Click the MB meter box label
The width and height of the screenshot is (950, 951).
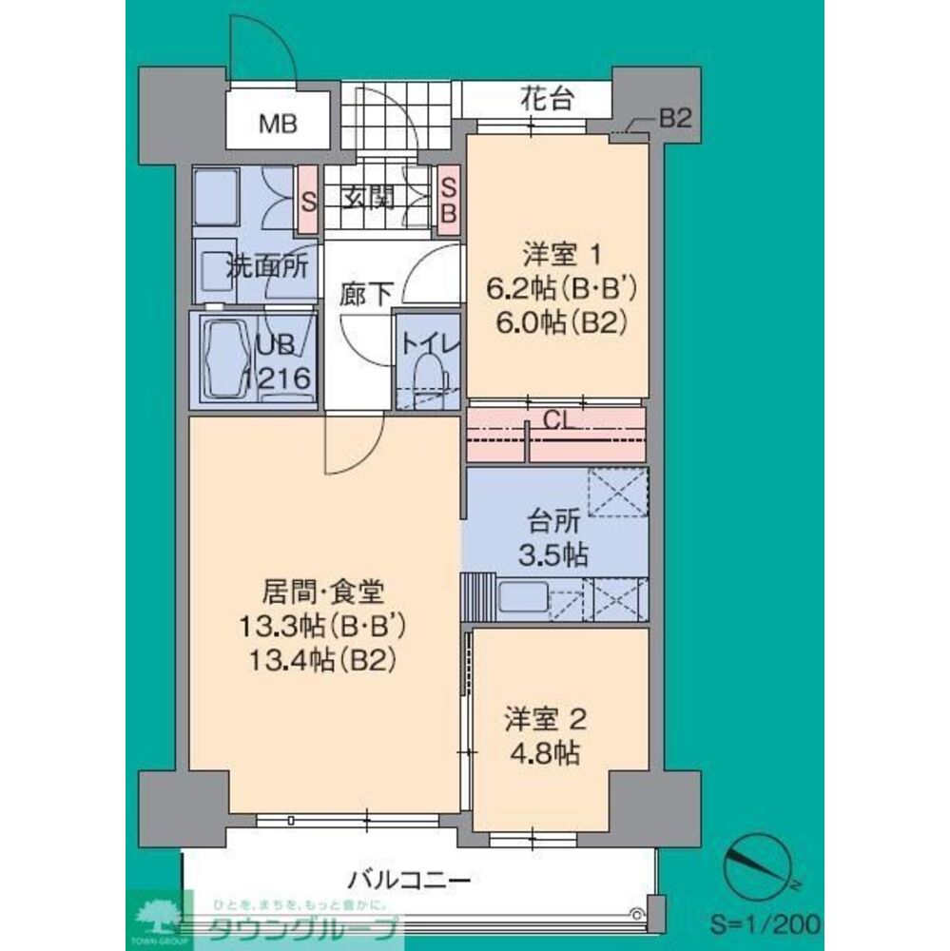pyautogui.click(x=280, y=123)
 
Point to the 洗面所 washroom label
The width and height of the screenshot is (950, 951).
pyautogui.click(x=266, y=267)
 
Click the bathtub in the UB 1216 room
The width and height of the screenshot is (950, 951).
pyautogui.click(x=223, y=359)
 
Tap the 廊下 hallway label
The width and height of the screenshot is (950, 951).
pyautogui.click(x=365, y=295)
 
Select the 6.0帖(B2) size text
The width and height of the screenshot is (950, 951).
pyautogui.click(x=561, y=323)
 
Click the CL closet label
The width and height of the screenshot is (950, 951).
pyautogui.click(x=557, y=419)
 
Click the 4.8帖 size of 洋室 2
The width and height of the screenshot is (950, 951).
pyautogui.click(x=543, y=753)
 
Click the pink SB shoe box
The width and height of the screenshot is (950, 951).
pyautogui.click(x=448, y=198)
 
